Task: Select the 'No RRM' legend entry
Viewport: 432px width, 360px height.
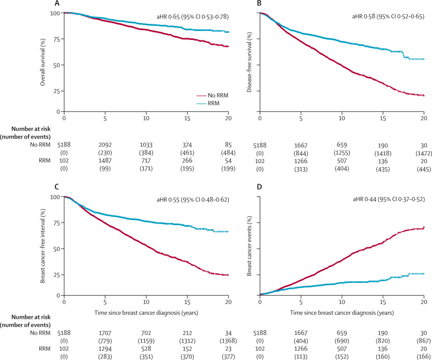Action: click(219, 95)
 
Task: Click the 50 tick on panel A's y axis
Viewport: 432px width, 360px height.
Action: click(57, 65)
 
